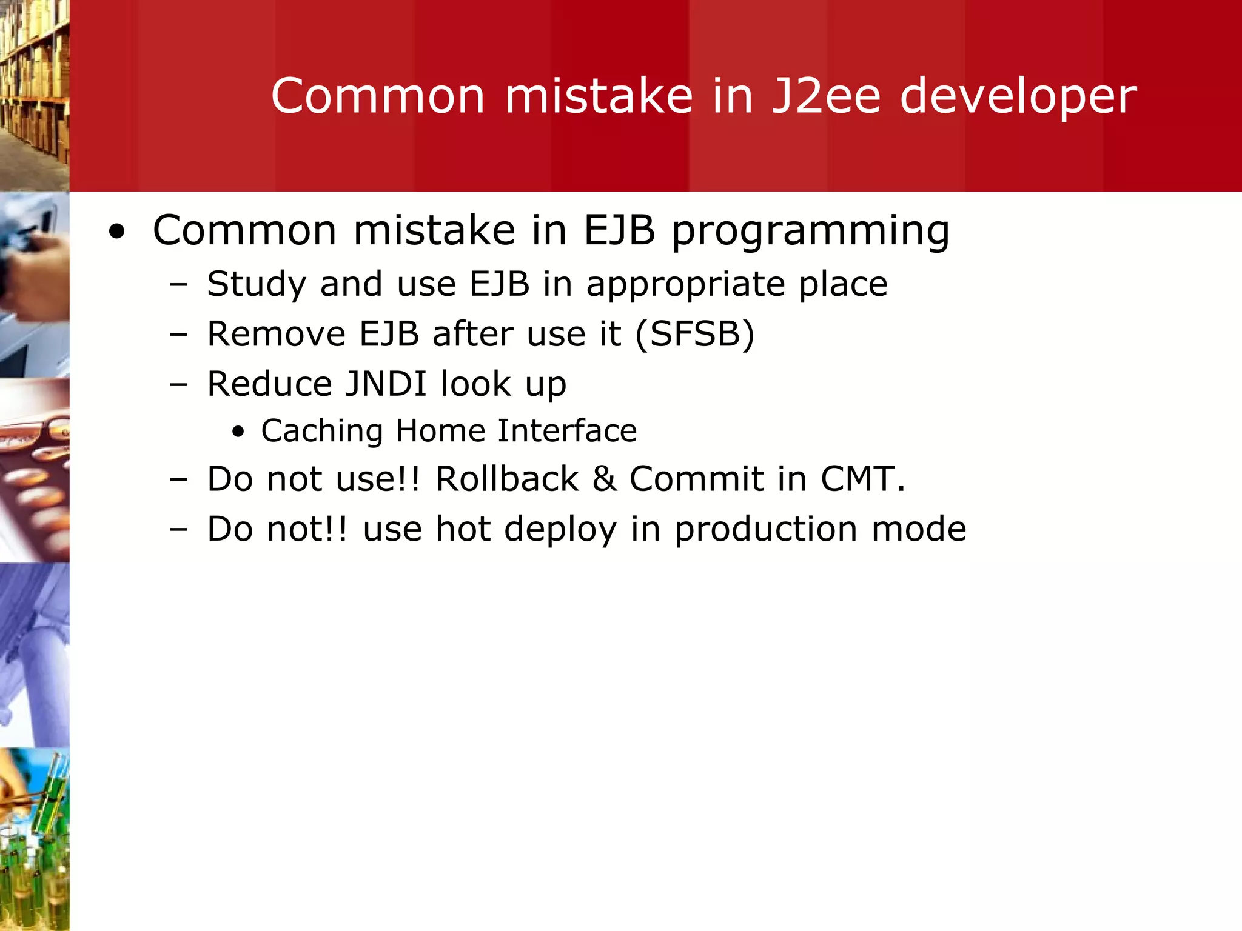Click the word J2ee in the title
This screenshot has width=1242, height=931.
(825, 96)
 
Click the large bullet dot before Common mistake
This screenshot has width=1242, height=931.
(117, 232)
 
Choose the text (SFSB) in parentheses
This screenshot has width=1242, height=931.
(694, 334)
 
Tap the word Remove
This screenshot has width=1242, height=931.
(276, 334)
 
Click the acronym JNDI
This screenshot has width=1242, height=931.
(386, 384)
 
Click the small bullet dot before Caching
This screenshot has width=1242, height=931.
(238, 432)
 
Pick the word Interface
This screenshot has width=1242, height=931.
(567, 431)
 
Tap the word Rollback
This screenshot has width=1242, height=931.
(507, 479)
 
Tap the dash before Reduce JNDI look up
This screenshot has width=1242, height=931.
(178, 384)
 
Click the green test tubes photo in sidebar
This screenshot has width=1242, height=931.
(35, 839)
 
